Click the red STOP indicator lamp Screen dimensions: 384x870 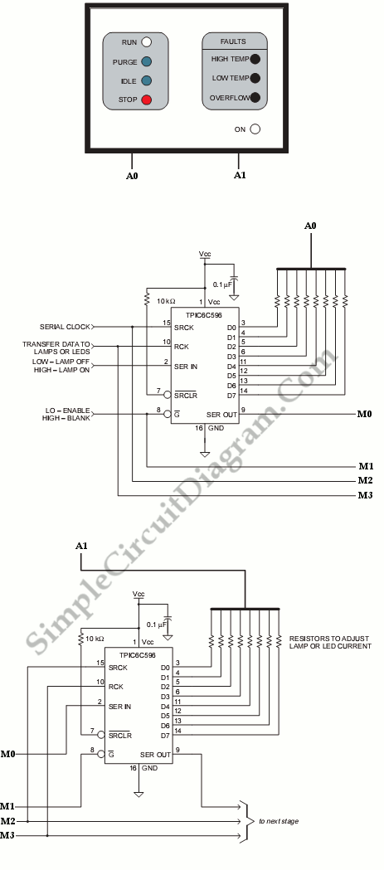click(147, 100)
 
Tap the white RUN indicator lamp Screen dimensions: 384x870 click(147, 41)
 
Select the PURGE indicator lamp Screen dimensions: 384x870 click(147, 61)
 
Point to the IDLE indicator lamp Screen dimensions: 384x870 click(147, 81)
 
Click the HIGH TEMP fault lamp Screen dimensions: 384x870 click(255, 59)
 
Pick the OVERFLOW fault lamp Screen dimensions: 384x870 click(255, 98)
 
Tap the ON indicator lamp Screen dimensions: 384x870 click(255, 129)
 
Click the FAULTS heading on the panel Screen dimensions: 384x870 click(233, 41)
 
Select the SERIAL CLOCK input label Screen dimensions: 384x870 click(65, 326)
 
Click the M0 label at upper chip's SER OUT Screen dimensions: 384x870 click(363, 415)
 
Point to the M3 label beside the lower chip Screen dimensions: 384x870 click(7, 835)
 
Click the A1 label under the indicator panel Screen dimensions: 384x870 click(240, 175)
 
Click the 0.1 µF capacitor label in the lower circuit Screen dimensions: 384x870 click(155, 625)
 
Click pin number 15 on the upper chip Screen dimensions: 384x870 click(165, 322)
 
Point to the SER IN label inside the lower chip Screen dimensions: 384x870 click(120, 707)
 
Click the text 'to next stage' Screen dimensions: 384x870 click(279, 820)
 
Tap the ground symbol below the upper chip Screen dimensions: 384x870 click(205, 454)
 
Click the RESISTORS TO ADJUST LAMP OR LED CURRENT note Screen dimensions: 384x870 click(330, 642)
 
